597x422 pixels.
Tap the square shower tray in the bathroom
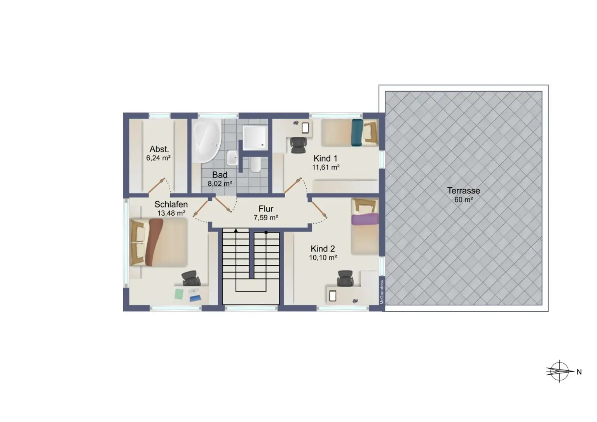[255, 138]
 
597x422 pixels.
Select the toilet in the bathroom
[255, 164]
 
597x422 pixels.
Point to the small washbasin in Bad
[232, 158]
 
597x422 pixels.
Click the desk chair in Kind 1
[298, 145]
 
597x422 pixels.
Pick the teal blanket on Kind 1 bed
[357, 133]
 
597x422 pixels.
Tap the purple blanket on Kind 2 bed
[365, 219]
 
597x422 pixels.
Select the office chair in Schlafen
[191, 278]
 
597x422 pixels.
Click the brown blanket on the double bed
[154, 242]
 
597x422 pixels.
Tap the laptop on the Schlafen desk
[195, 295]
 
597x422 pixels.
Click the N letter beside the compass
[579, 372]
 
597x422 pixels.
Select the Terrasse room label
[463, 191]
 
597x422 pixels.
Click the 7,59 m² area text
[266, 218]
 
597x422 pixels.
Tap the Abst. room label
[159, 149]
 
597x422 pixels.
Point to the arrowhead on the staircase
[236, 230]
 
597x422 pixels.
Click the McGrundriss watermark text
[382, 292]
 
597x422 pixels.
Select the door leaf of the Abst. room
[157, 185]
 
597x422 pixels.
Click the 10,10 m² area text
[323, 258]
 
